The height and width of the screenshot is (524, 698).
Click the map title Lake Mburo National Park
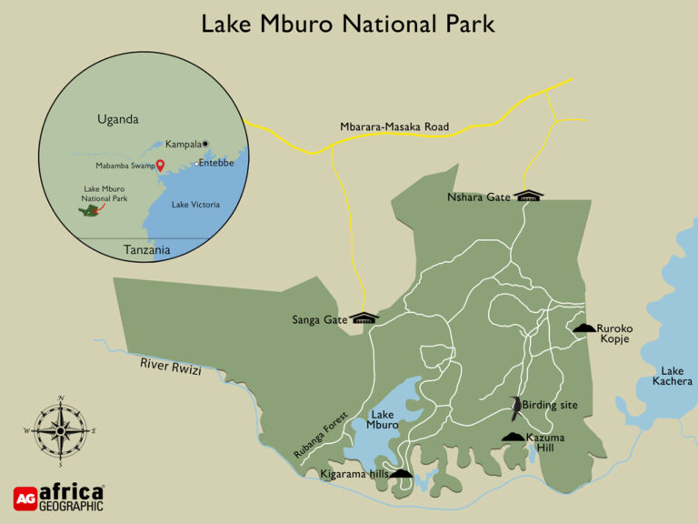coord(348,23)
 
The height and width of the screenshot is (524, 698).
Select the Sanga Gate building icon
coord(364,317)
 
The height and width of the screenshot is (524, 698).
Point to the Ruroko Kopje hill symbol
coord(583,327)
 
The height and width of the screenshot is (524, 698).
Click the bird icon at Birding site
coord(515,408)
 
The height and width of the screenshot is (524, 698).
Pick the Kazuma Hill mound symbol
coord(514,438)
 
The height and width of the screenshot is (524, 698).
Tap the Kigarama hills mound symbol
coord(400,473)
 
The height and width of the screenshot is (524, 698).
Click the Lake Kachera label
coord(672,376)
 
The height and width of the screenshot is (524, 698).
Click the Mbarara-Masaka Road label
coord(394,127)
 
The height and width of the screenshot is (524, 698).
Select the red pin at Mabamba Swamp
coord(160,166)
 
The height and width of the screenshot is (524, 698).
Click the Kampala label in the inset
coord(182,144)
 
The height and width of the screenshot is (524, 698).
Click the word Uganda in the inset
coord(118,119)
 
